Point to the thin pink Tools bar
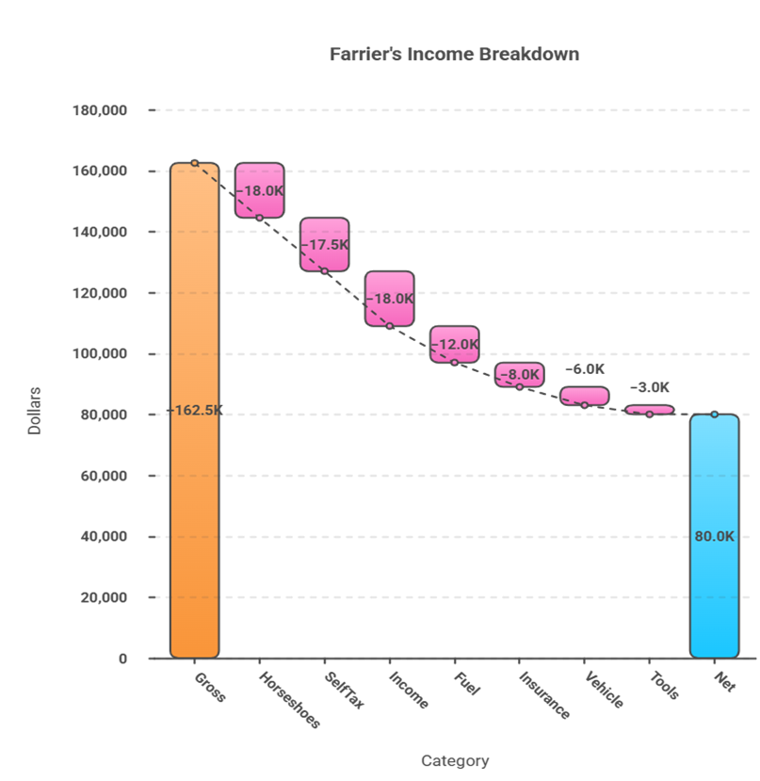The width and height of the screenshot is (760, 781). (649, 410)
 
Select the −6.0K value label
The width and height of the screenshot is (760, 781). (585, 369)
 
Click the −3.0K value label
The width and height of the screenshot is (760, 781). (650, 387)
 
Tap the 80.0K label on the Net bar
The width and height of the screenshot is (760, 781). (714, 536)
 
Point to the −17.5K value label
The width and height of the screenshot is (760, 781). (325, 244)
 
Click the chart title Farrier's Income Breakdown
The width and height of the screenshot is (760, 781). (454, 55)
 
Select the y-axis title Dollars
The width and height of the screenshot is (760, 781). (35, 410)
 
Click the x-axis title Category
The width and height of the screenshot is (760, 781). (455, 761)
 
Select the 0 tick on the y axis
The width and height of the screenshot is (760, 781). (123, 659)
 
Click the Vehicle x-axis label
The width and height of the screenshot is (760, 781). (603, 689)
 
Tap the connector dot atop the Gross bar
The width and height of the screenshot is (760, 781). (195, 163)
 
